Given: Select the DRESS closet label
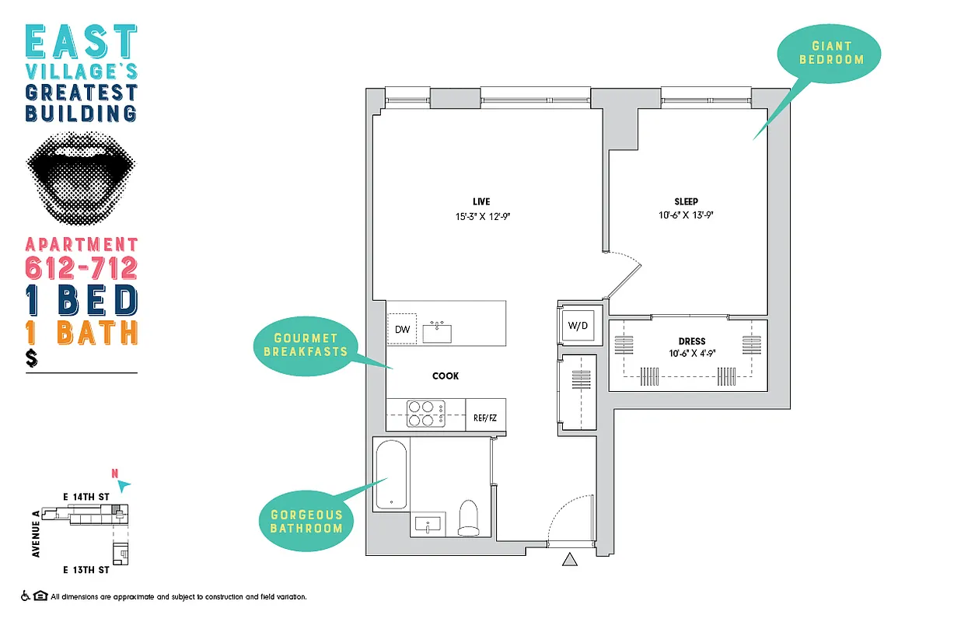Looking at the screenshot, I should click(691, 341).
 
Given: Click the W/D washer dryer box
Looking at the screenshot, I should click(577, 326).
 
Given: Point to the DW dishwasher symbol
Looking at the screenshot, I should click(402, 330).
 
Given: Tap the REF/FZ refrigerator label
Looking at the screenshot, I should click(485, 418).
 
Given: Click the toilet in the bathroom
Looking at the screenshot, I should click(469, 519).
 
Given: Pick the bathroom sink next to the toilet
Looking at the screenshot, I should click(428, 525).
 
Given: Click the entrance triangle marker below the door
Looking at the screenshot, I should click(570, 559).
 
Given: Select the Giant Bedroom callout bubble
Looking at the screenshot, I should click(831, 53).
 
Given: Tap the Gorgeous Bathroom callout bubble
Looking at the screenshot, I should click(306, 522).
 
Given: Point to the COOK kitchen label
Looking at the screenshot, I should click(446, 376).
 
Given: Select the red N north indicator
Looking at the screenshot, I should click(115, 472).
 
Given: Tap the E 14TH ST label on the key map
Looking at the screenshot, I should click(86, 495).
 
